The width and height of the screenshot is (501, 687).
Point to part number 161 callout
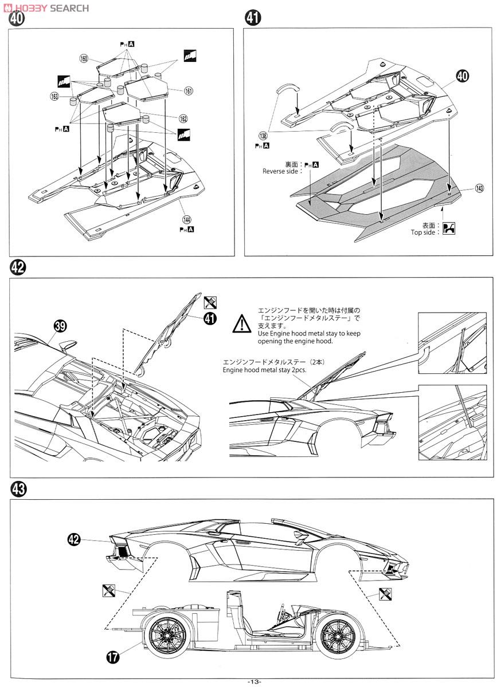coord(188,90)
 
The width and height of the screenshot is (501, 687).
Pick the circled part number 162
coord(183,119)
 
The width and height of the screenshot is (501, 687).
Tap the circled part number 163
coord(55,97)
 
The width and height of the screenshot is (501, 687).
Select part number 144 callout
coord(186,219)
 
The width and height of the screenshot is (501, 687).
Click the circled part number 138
coord(263,136)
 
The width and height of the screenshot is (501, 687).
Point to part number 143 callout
coord(479,188)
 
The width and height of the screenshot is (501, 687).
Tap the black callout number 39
coord(60,326)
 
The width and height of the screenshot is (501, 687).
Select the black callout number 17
coord(113,657)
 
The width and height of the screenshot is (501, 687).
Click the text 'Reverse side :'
coord(280,171)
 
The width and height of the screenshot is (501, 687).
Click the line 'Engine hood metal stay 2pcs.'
coord(265,370)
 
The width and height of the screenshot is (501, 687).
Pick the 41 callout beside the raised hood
coord(210,318)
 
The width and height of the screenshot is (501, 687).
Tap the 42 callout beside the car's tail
coord(74,539)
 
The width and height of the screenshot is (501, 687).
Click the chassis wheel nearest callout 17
coord(167,635)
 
